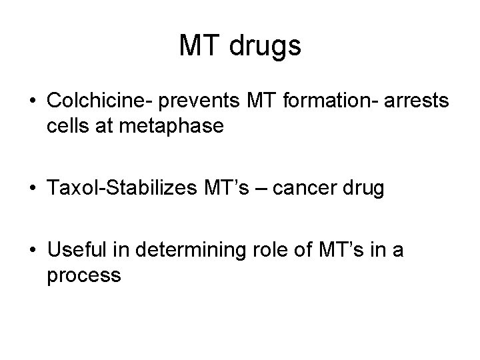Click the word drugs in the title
pos(266,47)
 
